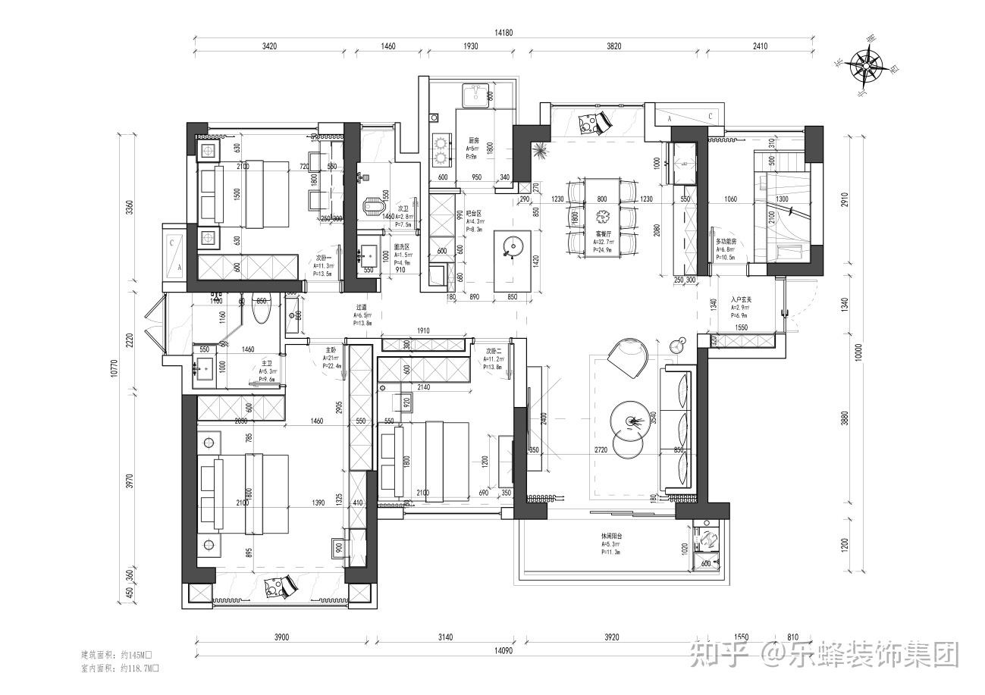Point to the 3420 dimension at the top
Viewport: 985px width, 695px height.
tap(268, 46)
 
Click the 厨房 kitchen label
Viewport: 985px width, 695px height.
tap(474, 141)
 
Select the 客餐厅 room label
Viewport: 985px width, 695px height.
tap(604, 235)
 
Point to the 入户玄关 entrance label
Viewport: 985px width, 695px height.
tap(741, 300)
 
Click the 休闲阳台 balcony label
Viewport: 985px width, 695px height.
tap(612, 536)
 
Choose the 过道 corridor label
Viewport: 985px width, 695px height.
tap(362, 308)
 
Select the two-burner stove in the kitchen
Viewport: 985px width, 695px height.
tap(441, 149)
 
